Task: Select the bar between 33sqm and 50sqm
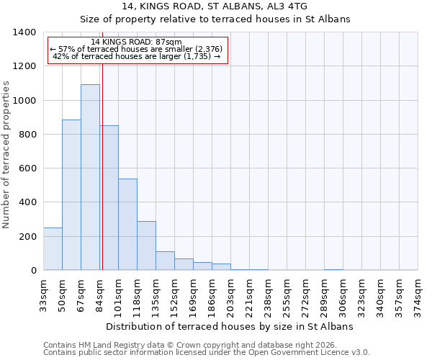(x=53, y=248)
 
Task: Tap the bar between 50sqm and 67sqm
(x=71, y=194)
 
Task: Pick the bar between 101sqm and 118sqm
(x=127, y=224)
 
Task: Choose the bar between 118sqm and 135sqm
(x=146, y=246)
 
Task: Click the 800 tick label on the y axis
(x=27, y=135)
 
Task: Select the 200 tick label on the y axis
(x=27, y=237)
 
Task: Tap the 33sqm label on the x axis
(x=44, y=294)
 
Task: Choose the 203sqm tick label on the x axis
(x=230, y=294)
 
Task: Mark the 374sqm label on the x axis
(x=418, y=294)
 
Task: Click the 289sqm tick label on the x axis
(x=324, y=294)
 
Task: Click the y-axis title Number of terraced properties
(x=7, y=153)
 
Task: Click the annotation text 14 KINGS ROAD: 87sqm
(x=137, y=42)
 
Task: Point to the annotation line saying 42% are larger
(x=137, y=57)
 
